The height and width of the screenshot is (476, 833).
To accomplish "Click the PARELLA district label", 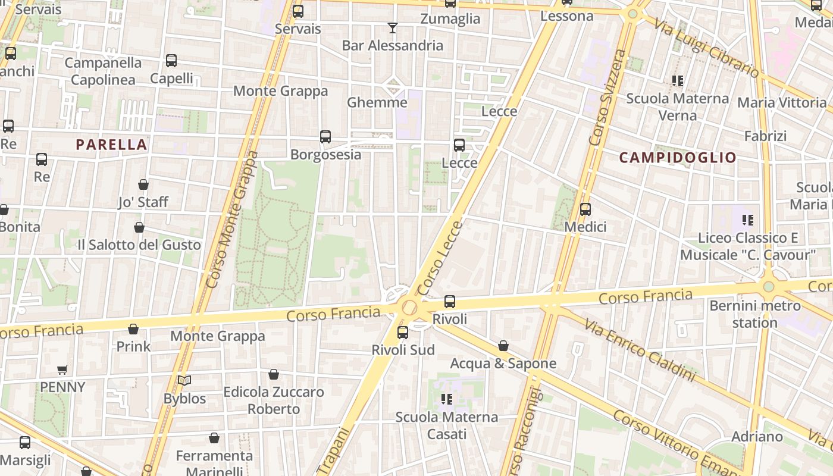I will (x=111, y=145).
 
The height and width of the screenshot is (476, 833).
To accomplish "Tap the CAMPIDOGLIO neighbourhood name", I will (x=678, y=158).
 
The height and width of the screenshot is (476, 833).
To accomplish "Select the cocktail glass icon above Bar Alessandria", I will (x=393, y=28).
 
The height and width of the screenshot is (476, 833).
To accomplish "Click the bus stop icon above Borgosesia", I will (x=325, y=137).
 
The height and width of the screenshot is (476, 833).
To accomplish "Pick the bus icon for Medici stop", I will (x=585, y=209).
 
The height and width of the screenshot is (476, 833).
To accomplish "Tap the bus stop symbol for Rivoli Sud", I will (x=403, y=333).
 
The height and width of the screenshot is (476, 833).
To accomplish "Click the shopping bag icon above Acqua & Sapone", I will (x=503, y=346).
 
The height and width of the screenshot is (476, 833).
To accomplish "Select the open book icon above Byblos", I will (x=184, y=381).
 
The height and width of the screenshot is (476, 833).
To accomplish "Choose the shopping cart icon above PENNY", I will (x=62, y=369).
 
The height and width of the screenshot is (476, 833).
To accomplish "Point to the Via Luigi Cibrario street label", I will (x=707, y=49).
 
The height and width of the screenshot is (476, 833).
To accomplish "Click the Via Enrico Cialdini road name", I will (x=639, y=349).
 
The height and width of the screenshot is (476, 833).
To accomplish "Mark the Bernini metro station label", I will (x=755, y=315).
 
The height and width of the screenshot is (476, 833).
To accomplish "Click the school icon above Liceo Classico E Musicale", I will (x=748, y=220).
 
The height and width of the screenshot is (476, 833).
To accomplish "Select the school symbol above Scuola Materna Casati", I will (x=447, y=399).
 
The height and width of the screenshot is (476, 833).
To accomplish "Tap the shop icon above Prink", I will (x=133, y=329).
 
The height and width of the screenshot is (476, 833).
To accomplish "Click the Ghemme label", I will (x=377, y=102).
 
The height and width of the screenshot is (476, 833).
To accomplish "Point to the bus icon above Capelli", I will (x=171, y=61).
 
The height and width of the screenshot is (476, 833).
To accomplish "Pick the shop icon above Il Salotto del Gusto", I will (x=139, y=227).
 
